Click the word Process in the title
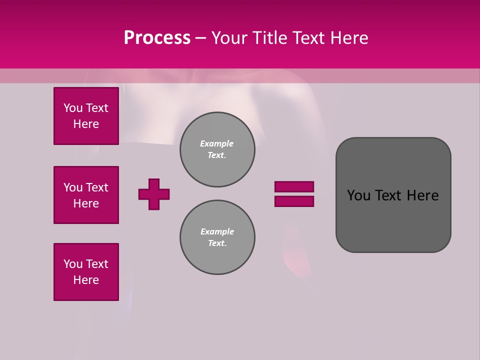(x=157, y=38)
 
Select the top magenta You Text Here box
(x=86, y=116)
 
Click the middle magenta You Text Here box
(x=86, y=195)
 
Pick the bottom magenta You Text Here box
(x=86, y=272)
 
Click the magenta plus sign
(x=154, y=194)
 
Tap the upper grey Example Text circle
(x=217, y=149)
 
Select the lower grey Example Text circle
(x=217, y=237)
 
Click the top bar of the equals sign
(x=294, y=186)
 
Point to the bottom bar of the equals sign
(x=294, y=201)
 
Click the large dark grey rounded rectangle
(x=393, y=220)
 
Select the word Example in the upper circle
(x=217, y=143)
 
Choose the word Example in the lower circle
(x=217, y=231)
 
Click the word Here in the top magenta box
(x=86, y=124)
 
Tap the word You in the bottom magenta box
(x=72, y=264)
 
